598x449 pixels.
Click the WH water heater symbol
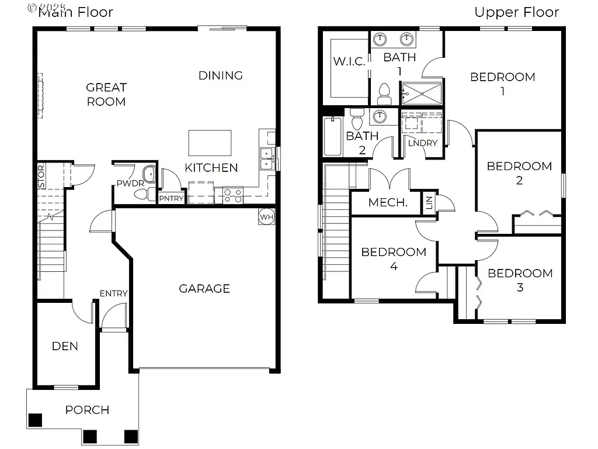pos(266,216)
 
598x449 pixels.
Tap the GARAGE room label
pos(204,288)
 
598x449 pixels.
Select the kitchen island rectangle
pos(210,143)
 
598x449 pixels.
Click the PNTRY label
pos(172,199)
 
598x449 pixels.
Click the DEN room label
pos(65,346)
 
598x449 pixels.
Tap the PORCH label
pos(87,410)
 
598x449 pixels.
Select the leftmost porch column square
pos(36,420)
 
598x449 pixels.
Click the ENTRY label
pos(113,293)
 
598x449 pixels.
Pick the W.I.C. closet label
pos(349,61)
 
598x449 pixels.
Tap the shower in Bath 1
pos(421,93)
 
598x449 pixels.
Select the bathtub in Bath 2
pos(332,136)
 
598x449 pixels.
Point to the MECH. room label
pos(388,203)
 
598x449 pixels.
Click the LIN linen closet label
pos(429,203)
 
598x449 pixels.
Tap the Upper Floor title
pos(516,12)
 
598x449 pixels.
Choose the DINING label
pos(220,75)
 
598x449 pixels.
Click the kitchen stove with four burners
pos(233,195)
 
